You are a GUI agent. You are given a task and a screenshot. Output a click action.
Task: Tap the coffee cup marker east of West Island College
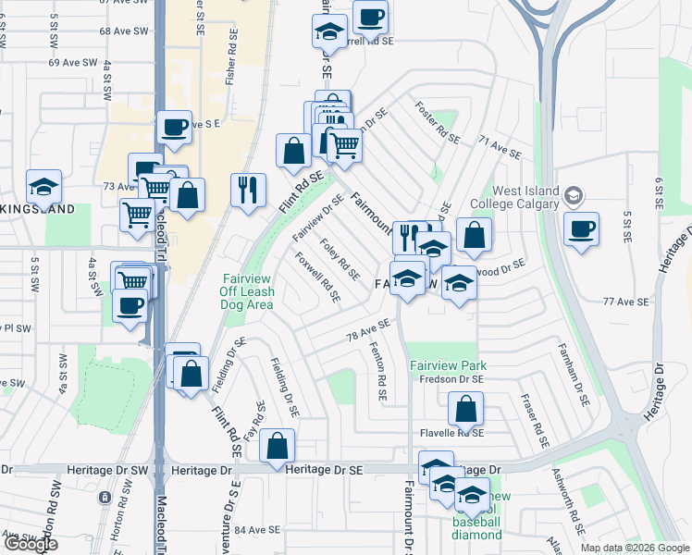(x=581, y=229)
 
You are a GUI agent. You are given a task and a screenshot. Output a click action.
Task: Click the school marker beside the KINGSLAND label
(x=43, y=187)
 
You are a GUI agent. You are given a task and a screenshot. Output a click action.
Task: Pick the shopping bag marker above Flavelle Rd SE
(x=466, y=409)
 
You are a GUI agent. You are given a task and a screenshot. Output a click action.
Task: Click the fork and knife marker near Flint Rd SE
(x=248, y=191)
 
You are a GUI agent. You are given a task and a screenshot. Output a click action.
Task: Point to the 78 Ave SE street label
(x=368, y=328)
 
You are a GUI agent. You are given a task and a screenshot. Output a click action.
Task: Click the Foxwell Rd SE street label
(x=317, y=279)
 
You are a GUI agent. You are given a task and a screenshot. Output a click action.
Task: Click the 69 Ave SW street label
(x=73, y=62)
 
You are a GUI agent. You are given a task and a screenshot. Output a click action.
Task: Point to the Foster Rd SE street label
(x=437, y=121)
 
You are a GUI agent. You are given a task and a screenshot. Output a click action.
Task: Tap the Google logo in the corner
(x=31, y=544)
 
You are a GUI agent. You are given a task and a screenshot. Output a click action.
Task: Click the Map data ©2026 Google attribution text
(x=634, y=548)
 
